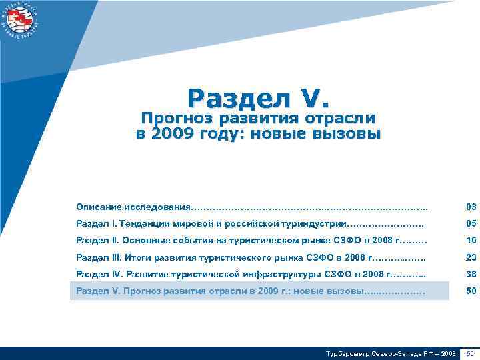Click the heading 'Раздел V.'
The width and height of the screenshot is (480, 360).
[x=258, y=99]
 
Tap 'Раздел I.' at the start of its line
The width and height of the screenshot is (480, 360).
[x=97, y=223]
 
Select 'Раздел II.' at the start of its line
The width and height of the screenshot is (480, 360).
[x=99, y=240]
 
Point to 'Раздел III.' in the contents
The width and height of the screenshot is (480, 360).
[x=100, y=257]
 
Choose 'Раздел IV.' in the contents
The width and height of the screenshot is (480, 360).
[x=100, y=274]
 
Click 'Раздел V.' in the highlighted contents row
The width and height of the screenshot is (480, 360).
[x=99, y=291]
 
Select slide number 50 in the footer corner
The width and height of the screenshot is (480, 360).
[x=471, y=353]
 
